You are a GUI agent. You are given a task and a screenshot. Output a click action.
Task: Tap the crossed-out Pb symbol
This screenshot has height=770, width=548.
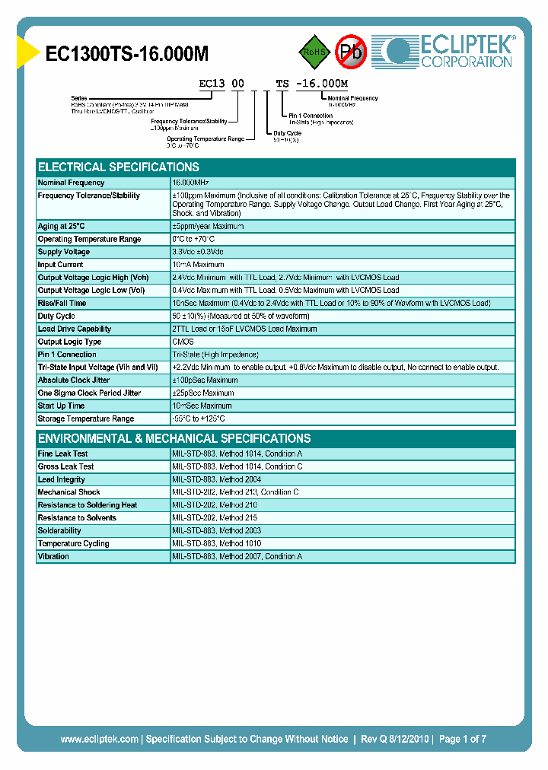tap(352, 52)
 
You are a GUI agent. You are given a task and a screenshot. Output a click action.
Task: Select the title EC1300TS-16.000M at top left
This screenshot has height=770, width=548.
tap(127, 54)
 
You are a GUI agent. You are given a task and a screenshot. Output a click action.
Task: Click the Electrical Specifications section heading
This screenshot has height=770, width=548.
tap(119, 167)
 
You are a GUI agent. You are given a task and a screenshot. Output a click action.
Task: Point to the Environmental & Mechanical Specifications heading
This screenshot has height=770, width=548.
tap(174, 438)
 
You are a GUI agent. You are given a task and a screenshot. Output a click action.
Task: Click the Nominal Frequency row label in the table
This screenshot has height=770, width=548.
tap(72, 183)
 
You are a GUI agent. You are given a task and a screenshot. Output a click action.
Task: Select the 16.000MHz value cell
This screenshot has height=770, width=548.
tap(190, 183)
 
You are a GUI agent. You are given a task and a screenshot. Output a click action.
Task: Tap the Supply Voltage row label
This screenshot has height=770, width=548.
tap(64, 252)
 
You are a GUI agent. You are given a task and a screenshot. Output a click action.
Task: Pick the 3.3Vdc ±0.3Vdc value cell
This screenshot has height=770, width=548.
tap(198, 252)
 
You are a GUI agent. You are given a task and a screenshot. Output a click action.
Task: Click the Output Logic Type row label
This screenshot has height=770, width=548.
tap(69, 342)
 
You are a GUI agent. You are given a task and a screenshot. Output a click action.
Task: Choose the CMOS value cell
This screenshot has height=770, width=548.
tap(183, 342)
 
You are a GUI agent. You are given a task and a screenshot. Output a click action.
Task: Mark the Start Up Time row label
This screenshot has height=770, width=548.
tap(61, 406)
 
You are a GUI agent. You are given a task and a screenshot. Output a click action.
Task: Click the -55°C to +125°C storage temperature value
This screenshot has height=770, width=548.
tap(199, 418)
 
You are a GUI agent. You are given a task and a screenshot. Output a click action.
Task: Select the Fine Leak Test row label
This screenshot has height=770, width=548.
tap(63, 453)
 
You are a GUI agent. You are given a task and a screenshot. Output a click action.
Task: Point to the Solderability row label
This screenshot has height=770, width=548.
tap(59, 530)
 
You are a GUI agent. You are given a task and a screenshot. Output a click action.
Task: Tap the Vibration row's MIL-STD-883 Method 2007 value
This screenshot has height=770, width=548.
tap(237, 556)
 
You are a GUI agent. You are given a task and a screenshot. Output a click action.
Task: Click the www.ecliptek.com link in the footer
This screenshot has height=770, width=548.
tap(99, 739)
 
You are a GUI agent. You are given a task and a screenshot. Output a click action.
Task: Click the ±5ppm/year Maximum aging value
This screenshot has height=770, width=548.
tap(208, 226)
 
